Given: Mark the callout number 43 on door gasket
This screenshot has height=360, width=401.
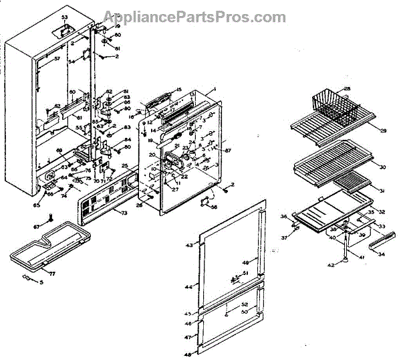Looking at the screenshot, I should [x=189, y=246].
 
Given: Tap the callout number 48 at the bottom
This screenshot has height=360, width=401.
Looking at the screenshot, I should [x=188, y=354].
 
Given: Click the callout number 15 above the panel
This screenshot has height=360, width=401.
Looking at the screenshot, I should [x=178, y=90].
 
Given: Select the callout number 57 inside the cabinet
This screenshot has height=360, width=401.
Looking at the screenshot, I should [x=57, y=59].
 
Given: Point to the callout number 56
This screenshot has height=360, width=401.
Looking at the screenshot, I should [x=215, y=207].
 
